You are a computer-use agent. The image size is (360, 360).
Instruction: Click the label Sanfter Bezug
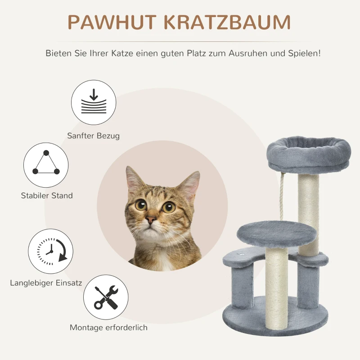tap(94, 135)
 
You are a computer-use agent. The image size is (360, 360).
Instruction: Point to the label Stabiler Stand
tap(47, 196)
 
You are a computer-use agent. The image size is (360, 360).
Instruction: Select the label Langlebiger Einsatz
tap(46, 283)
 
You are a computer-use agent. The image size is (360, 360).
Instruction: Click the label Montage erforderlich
tap(108, 328)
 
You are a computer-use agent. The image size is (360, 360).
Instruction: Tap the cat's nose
tap(151, 220)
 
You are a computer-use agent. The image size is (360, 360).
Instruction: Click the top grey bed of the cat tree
tap(309, 153)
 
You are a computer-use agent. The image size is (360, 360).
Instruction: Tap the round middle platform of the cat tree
tap(264, 234)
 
